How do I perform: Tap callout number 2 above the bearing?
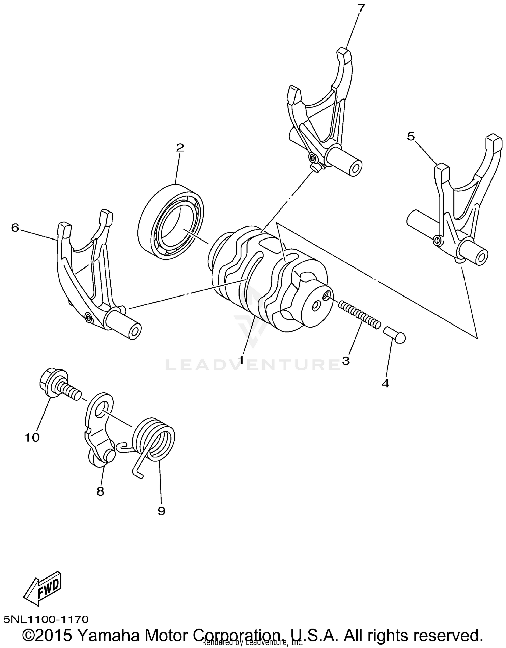(x=180, y=147)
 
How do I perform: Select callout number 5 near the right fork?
(x=411, y=136)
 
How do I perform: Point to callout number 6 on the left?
(x=15, y=228)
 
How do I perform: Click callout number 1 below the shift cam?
(x=241, y=360)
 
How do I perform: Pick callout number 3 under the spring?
(x=346, y=360)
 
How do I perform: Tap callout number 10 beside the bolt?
(x=32, y=438)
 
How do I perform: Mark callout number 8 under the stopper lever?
(x=100, y=491)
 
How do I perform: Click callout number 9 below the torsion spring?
(x=161, y=511)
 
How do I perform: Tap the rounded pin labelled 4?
(x=396, y=335)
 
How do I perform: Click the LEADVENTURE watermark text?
(x=253, y=364)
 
